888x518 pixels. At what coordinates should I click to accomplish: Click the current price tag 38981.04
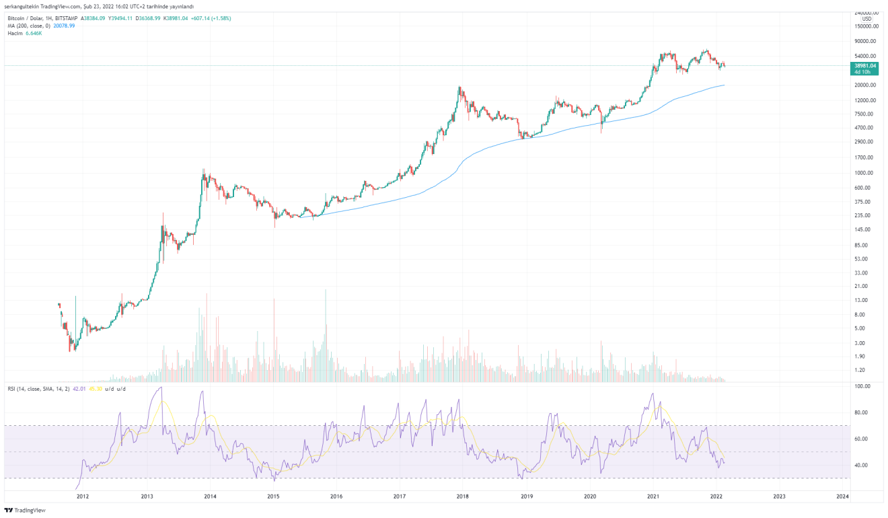864,66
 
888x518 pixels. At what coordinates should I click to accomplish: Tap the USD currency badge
866,19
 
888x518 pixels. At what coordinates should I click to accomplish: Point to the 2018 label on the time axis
462,496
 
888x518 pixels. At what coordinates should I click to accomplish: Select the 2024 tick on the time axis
842,496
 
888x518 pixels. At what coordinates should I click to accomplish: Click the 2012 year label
83,496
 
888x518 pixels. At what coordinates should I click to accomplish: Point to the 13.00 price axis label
860,300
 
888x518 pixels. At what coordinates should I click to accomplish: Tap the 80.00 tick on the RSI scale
862,412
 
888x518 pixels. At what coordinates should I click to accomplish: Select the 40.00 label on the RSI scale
862,465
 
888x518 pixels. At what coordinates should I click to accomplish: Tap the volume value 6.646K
34,33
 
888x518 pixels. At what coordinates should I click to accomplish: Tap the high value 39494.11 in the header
121,18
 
